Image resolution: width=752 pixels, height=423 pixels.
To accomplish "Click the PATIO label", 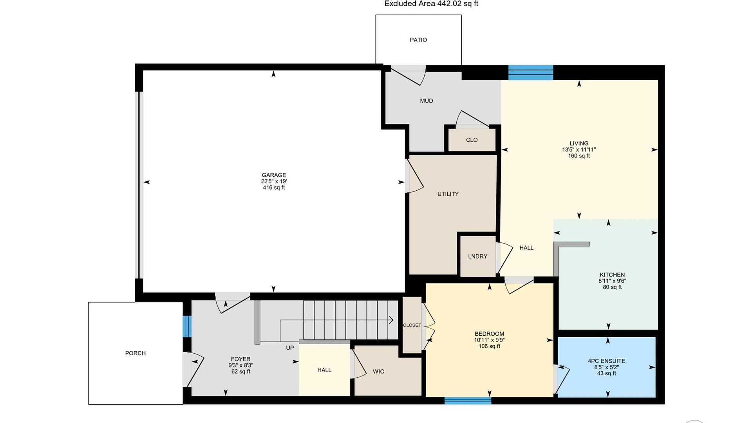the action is (418, 40).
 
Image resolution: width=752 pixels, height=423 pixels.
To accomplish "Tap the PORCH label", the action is (136, 353).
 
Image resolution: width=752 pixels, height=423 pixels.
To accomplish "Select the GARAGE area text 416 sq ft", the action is (274, 188).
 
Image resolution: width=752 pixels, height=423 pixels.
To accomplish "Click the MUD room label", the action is (427, 101).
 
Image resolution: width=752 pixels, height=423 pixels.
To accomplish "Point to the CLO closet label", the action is (472, 140).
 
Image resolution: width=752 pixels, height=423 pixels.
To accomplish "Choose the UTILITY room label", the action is (448, 194).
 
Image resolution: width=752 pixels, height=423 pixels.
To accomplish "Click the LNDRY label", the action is (478, 256).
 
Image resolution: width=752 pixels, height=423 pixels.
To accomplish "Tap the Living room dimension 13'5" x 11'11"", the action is (579, 150).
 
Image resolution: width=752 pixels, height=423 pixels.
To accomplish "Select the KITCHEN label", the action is (612, 275).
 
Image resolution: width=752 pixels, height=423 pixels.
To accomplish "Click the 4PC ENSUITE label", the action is (607, 361).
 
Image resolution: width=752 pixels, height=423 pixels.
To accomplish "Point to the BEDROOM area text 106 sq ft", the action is (489, 346).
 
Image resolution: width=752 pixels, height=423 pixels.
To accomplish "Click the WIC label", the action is (378, 371).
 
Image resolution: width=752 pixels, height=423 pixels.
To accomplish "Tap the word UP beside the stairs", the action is (290, 348).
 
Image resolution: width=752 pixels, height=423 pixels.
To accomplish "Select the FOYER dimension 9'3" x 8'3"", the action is (241, 365).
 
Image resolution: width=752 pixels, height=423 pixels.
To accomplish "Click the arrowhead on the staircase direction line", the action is (391, 320).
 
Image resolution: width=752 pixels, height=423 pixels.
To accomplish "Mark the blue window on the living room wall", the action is (531, 73).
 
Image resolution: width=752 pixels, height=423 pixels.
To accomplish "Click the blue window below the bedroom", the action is (468, 401).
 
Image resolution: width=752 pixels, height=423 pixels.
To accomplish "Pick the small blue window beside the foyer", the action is (187, 326).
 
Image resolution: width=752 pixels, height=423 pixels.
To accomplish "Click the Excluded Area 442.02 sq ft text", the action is (431, 4).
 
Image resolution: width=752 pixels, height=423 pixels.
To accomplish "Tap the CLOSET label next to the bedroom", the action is (412, 325).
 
